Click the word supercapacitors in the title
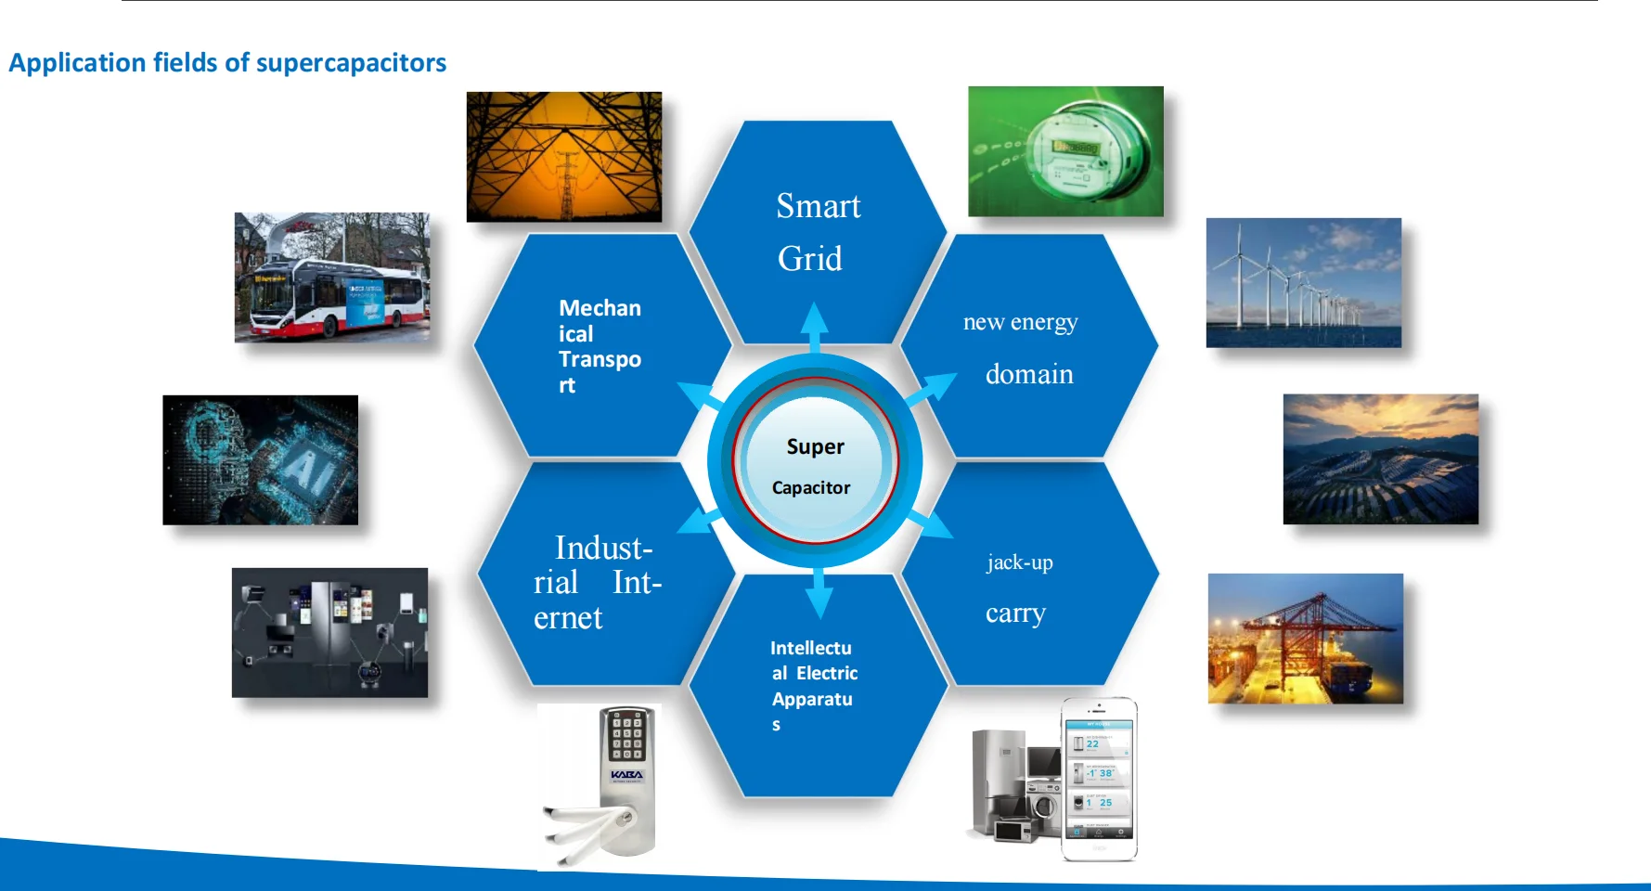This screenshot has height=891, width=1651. [351, 63]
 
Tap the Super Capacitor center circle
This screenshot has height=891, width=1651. [815, 460]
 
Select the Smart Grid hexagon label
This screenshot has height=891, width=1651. [818, 232]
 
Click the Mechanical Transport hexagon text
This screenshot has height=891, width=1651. [600, 346]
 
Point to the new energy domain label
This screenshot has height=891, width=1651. [1021, 347]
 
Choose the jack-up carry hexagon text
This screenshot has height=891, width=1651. [1019, 588]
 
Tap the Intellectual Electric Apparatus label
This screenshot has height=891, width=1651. [813, 686]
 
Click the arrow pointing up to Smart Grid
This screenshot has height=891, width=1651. [814, 328]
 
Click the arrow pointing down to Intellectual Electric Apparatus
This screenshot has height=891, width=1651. [819, 592]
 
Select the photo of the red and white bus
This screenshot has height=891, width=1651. [332, 278]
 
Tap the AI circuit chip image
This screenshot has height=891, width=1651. [261, 460]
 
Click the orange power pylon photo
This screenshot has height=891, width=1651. [564, 157]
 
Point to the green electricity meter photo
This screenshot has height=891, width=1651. [1065, 151]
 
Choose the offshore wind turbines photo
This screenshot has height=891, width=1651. [1304, 283]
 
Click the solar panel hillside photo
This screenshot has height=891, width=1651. [1381, 459]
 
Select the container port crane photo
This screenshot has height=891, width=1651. [1306, 639]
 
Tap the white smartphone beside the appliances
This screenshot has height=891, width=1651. [1100, 780]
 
